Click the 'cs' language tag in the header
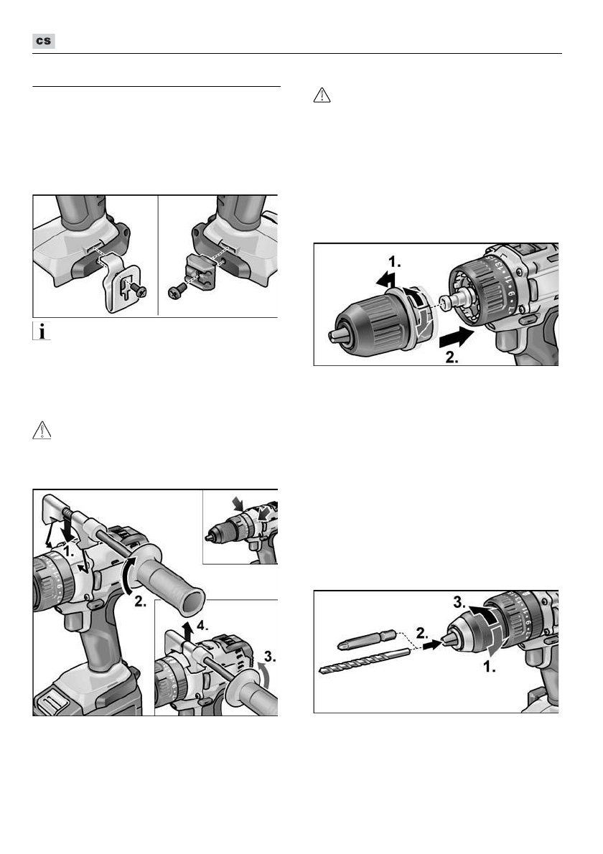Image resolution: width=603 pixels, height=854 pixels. point(44,42)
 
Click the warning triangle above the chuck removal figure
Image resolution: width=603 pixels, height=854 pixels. point(322,95)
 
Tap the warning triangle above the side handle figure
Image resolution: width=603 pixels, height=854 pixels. point(42,431)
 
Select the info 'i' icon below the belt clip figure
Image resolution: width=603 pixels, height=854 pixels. point(42,331)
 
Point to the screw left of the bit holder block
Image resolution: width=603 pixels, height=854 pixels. point(177,293)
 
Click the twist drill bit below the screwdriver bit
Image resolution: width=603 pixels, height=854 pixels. point(364,661)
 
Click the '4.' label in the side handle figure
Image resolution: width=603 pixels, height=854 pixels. point(202,625)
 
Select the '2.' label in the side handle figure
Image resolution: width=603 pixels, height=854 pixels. point(141,602)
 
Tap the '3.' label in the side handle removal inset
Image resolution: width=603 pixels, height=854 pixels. point(270,657)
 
